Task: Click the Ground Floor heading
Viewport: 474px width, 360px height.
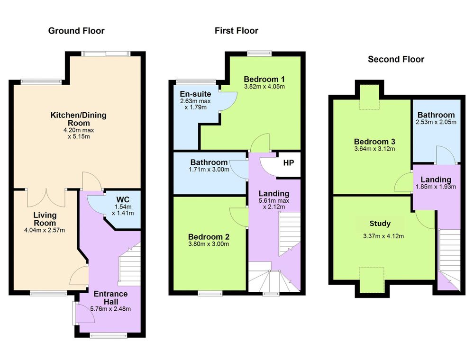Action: click(76, 31)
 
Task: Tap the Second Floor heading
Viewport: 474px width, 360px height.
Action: click(396, 59)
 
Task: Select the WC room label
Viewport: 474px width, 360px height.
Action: click(123, 199)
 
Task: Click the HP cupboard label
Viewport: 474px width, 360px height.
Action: click(288, 163)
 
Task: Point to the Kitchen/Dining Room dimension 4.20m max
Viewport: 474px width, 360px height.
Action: click(79, 130)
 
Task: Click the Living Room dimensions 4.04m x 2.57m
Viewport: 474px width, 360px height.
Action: click(45, 230)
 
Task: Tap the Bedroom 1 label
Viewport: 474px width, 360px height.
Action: click(264, 79)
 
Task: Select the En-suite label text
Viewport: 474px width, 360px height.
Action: click(195, 94)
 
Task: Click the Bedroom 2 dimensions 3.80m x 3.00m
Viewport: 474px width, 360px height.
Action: click(209, 244)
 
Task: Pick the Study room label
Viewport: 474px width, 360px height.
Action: click(380, 224)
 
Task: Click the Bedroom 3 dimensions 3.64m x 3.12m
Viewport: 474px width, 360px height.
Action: click(374, 149)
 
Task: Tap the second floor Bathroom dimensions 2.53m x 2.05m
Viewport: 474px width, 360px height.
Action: click(436, 122)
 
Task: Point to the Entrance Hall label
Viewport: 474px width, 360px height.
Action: click(110, 298)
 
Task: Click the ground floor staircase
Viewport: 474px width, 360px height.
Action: click(129, 264)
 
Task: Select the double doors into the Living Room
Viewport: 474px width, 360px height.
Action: click(46, 198)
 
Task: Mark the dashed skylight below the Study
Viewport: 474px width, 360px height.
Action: click(372, 279)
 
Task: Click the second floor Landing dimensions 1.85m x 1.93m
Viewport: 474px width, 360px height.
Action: click(436, 187)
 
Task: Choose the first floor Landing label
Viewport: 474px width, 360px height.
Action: click(274, 193)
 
